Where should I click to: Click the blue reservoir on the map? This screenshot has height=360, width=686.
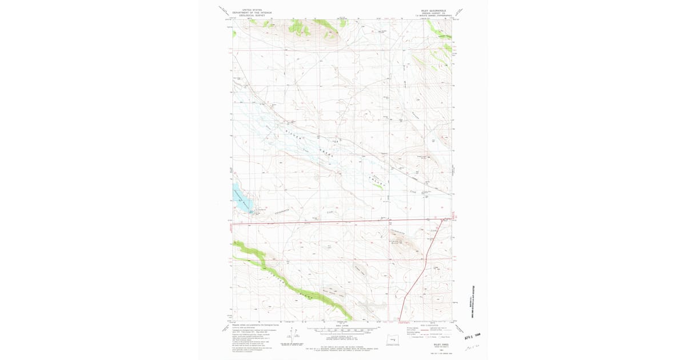tap(241, 198)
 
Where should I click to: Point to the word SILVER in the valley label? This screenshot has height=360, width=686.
tap(293, 135)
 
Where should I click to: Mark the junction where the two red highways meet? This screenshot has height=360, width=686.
tap(444, 219)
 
